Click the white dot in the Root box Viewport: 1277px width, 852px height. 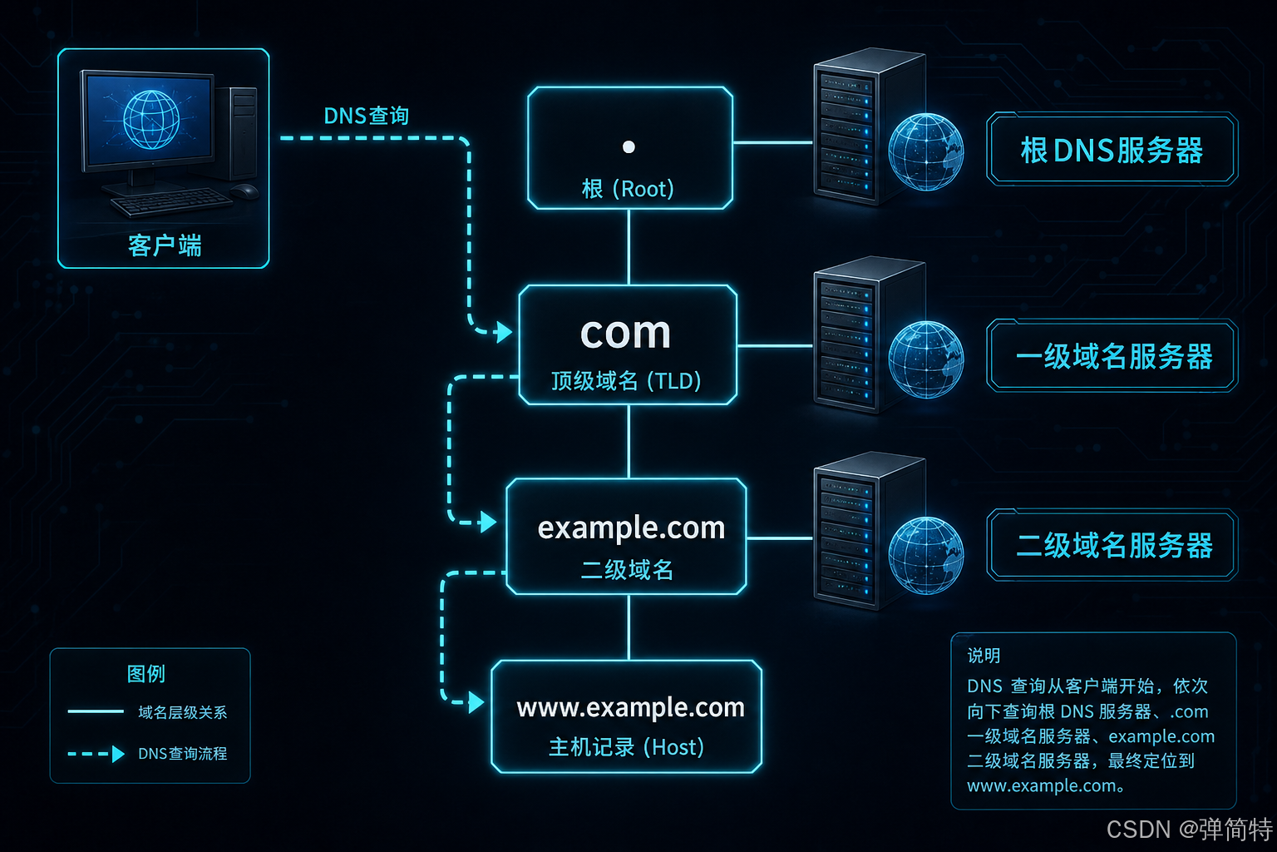pos(629,147)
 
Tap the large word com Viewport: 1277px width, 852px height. pos(626,333)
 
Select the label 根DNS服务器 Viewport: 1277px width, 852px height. pos(1112,151)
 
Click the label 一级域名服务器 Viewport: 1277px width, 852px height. pos(1114,357)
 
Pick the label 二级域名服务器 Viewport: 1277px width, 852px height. pos(1114,545)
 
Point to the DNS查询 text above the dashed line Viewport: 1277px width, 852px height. pos(367,116)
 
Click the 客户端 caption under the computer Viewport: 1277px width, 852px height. pos(165,246)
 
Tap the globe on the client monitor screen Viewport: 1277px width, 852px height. pos(151,120)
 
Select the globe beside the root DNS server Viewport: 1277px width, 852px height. pos(926,151)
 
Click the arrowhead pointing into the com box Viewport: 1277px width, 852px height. pos(503,331)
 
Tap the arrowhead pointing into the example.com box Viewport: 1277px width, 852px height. pos(488,523)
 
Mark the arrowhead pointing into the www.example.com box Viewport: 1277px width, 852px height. pos(476,702)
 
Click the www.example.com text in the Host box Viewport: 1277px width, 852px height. pos(630,708)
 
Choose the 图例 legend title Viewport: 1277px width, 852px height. pos(146,674)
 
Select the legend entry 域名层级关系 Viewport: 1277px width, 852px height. pos(182,712)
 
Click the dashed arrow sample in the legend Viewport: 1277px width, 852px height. pos(96,754)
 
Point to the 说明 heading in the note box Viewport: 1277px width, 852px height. pos(984,656)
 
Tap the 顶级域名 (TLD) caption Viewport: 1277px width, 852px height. pos(626,380)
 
